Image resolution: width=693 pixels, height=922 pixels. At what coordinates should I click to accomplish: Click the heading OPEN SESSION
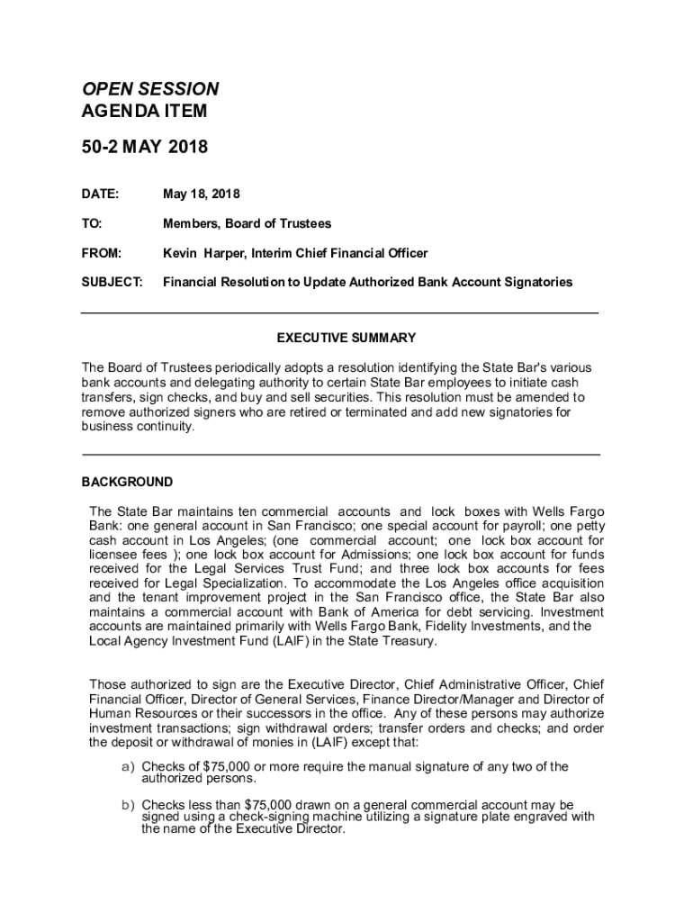[150, 89]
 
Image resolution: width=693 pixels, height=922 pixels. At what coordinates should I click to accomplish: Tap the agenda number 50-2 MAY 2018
[145, 146]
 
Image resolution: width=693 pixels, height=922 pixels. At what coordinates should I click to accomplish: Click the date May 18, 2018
[201, 194]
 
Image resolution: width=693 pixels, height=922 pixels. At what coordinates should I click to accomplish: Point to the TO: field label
[92, 223]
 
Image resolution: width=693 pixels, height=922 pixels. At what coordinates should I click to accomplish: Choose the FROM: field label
[102, 254]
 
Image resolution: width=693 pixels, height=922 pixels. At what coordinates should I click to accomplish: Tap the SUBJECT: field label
[112, 282]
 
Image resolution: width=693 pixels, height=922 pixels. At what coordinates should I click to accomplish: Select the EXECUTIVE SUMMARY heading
[346, 338]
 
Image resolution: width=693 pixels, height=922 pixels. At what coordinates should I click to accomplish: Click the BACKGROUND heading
[127, 482]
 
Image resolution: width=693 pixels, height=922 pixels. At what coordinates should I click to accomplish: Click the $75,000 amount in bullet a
[229, 767]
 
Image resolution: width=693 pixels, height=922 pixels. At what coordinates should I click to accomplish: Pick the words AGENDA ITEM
[144, 112]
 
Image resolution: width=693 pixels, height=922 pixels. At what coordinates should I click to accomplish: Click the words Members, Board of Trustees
[247, 223]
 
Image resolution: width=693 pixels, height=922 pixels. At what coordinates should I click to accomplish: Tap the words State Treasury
[389, 641]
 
